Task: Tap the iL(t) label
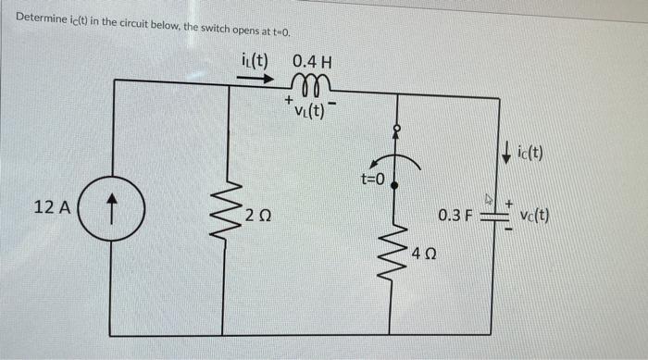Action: pyautogui.click(x=250, y=62)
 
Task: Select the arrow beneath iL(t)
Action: pyautogui.click(x=255, y=79)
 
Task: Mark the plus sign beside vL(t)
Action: pyautogui.click(x=290, y=97)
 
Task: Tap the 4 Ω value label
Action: pyautogui.click(x=424, y=252)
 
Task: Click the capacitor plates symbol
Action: pyautogui.click(x=492, y=216)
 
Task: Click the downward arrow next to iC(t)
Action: pyautogui.click(x=506, y=150)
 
